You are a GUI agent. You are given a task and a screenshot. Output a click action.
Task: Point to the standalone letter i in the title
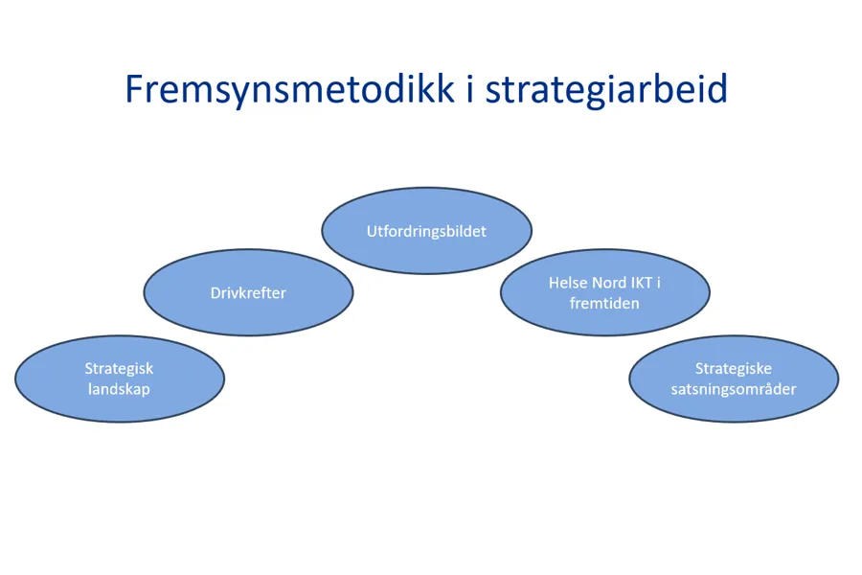point(470,88)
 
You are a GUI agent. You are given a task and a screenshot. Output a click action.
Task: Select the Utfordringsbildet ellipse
point(426,231)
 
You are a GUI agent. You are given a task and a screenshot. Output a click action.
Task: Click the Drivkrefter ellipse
point(248,292)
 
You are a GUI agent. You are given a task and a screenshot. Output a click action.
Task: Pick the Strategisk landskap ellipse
point(120,379)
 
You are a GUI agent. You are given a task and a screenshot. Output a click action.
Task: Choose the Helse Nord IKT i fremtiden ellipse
point(604,292)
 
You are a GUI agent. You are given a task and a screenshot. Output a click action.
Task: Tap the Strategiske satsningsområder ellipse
point(734,379)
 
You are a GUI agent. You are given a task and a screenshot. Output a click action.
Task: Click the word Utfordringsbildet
point(426,231)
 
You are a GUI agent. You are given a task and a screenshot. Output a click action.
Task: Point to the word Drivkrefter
point(248,292)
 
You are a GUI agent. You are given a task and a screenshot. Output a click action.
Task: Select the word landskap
point(120,390)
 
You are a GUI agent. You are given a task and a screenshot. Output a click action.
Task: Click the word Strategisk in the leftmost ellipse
point(120,369)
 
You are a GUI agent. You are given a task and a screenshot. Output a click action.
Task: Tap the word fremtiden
point(604,303)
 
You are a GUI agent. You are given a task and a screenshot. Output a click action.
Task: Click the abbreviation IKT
point(641,283)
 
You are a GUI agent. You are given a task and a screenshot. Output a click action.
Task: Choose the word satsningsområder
point(734,390)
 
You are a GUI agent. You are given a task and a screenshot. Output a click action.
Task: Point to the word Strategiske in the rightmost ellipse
point(734,369)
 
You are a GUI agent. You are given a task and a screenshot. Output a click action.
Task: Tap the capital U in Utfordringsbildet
point(373,231)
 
